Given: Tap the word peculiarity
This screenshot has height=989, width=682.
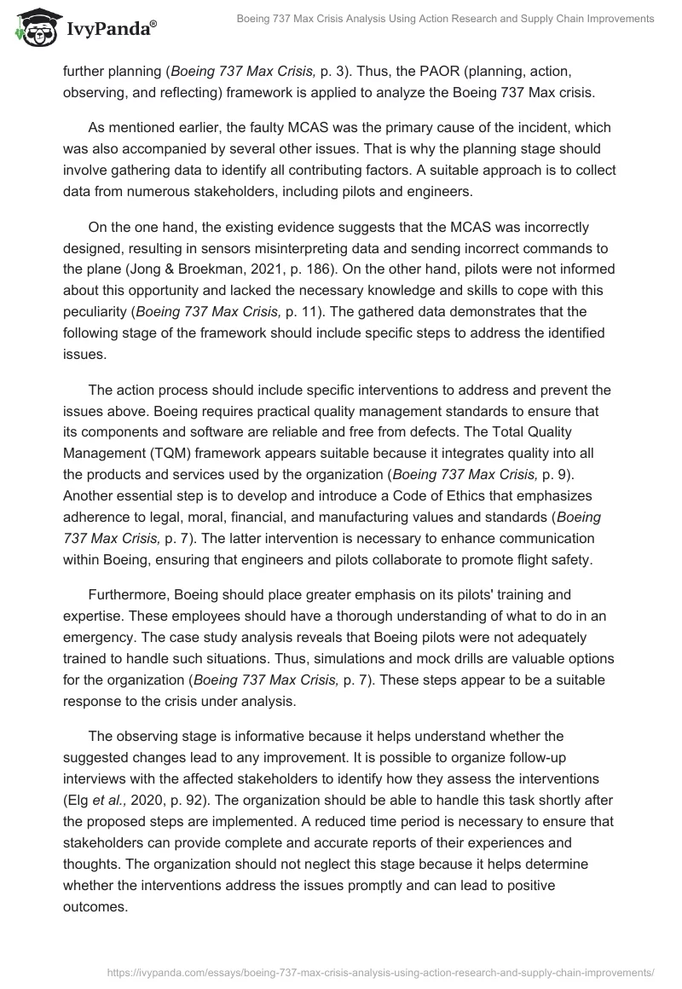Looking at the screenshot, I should coord(98,310).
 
